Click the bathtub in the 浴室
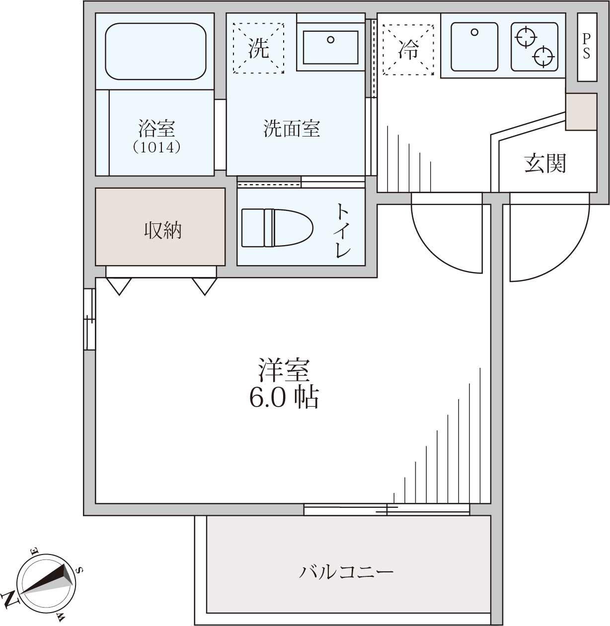pyautogui.click(x=155, y=51)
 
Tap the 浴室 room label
pyautogui.click(x=157, y=129)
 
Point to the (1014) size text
pyautogui.click(x=156, y=147)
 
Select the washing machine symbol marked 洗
pyautogui.click(x=258, y=48)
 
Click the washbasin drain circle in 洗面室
pyautogui.click(x=330, y=40)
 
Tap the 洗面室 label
pyautogui.click(x=292, y=129)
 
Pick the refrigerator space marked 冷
pyautogui.click(x=408, y=50)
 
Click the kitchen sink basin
pyautogui.click(x=474, y=47)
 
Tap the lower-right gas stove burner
pyautogui.click(x=544, y=57)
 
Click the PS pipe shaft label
pyautogui.click(x=587, y=47)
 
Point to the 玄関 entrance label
pyautogui.click(x=545, y=163)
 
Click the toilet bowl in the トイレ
pyautogui.click(x=277, y=228)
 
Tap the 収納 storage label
pyautogui.click(x=163, y=230)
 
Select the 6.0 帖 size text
pyautogui.click(x=284, y=398)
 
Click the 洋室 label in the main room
pyautogui.click(x=284, y=370)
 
